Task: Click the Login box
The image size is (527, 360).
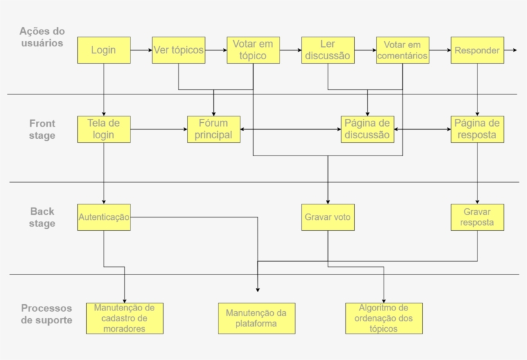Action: pyautogui.click(x=103, y=50)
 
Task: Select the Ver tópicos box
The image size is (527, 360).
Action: pyautogui.click(x=179, y=50)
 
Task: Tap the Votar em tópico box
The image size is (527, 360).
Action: pyautogui.click(x=253, y=50)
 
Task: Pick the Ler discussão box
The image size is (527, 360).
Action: pyautogui.click(x=328, y=50)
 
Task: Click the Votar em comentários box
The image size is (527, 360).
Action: pyautogui.click(x=402, y=50)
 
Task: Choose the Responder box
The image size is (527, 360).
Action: pyautogui.click(x=477, y=50)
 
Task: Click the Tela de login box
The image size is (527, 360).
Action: pyautogui.click(x=103, y=129)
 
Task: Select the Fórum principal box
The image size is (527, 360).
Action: pyautogui.click(x=213, y=129)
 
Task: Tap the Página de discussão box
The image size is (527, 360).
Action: pyautogui.click(x=367, y=129)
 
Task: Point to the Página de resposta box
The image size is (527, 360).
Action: pyautogui.click(x=477, y=129)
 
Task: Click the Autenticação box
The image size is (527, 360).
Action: pyautogui.click(x=103, y=217)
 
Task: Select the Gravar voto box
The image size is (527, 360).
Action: pyautogui.click(x=328, y=217)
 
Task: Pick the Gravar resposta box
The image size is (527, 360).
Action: pyautogui.click(x=477, y=217)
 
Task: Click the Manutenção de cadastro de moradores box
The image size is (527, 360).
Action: pyautogui.click(x=124, y=318)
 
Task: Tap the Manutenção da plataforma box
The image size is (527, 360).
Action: pyautogui.click(x=256, y=318)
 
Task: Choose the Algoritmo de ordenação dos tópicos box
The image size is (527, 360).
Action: pyautogui.click(x=384, y=318)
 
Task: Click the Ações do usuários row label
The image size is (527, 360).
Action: pyautogui.click(x=42, y=37)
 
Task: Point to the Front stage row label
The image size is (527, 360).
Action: pyautogui.click(x=42, y=129)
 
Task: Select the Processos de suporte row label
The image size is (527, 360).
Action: pyautogui.click(x=46, y=314)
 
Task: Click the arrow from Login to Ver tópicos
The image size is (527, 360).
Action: pyautogui.click(x=141, y=50)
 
